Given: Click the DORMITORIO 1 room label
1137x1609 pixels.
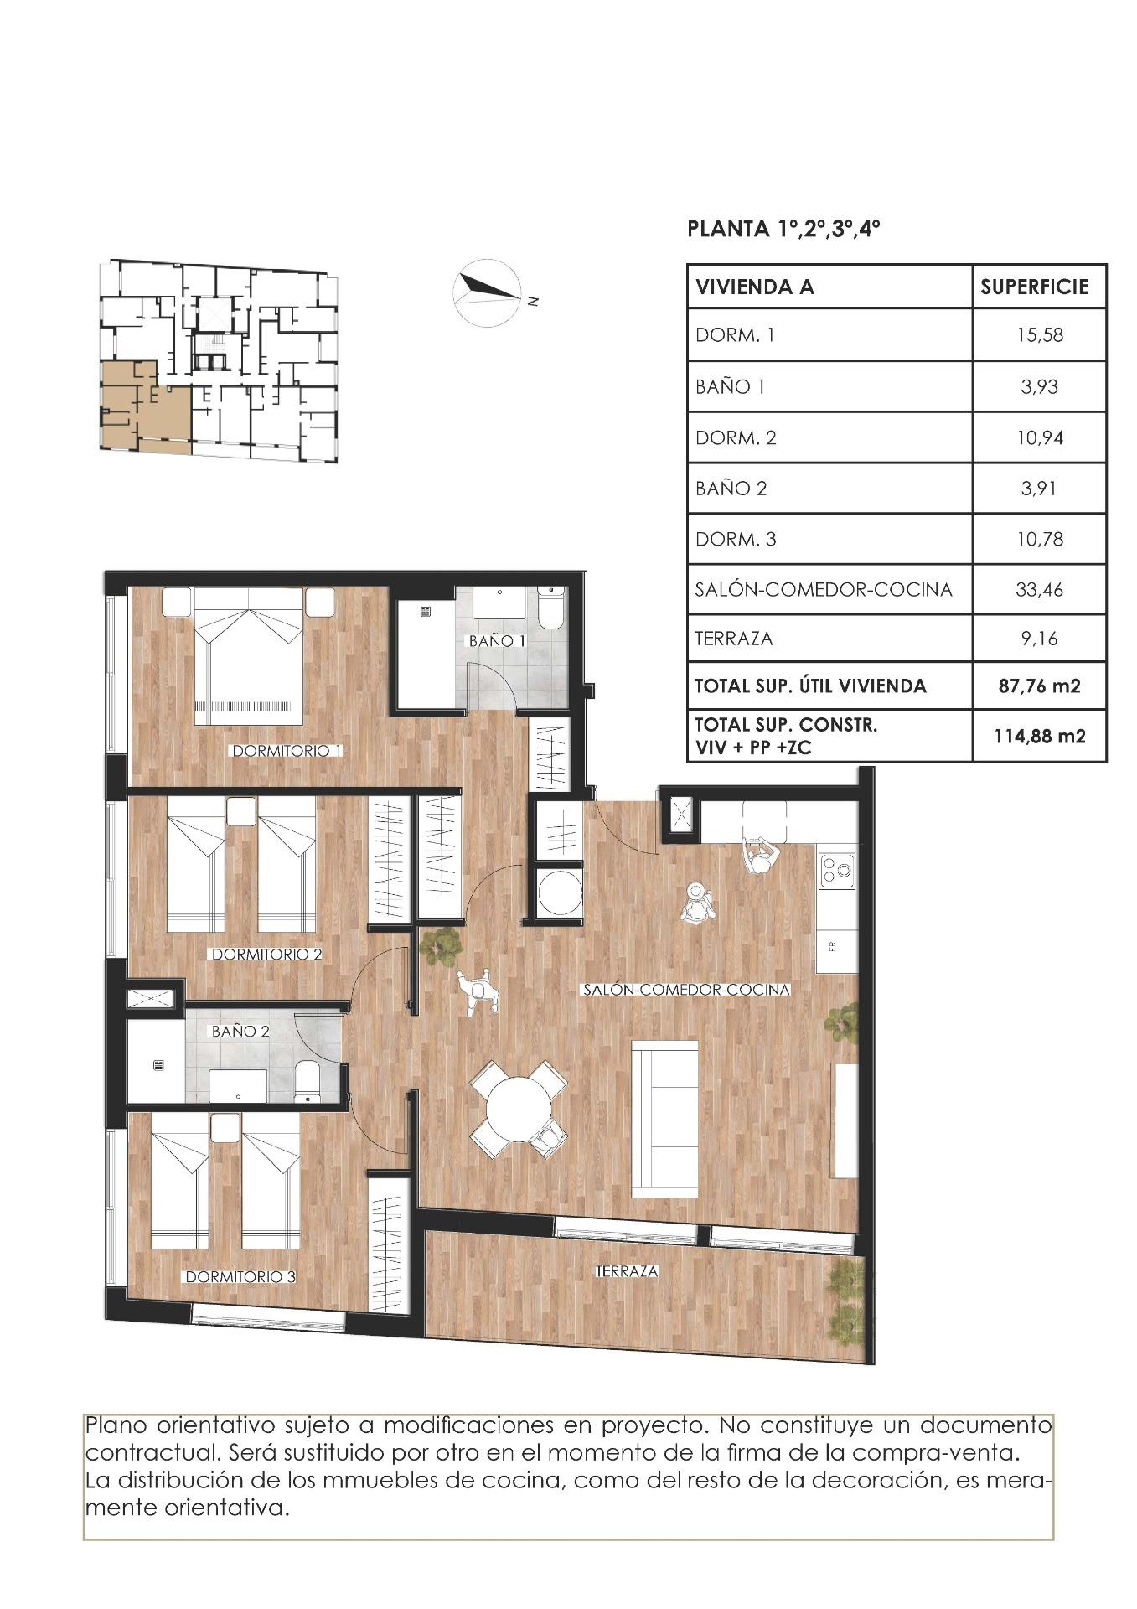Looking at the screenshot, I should tap(287, 751).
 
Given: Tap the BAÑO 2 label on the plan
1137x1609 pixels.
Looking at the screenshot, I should tap(240, 1032).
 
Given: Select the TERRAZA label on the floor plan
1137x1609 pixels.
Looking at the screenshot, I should tap(627, 1271).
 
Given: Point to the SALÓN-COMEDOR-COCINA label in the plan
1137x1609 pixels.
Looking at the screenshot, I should tap(685, 990).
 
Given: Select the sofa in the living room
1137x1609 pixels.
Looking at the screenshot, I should tap(665, 1118).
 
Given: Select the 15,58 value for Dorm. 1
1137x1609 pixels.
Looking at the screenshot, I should tap(1040, 335).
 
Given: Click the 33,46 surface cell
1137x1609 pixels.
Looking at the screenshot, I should tap(1040, 589).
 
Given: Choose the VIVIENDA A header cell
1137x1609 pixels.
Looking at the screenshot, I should tap(754, 287).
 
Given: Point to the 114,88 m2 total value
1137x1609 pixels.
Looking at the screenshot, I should tap(1040, 736).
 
